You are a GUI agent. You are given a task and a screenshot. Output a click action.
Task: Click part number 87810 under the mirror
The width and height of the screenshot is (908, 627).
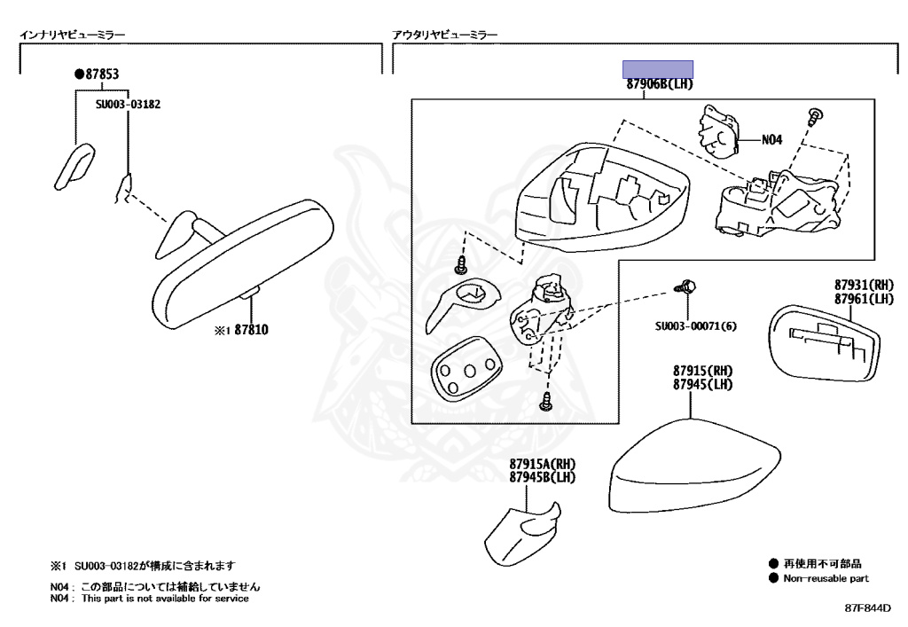pos(251,330)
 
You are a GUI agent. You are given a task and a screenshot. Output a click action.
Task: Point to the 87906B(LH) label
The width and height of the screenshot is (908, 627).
pos(658,84)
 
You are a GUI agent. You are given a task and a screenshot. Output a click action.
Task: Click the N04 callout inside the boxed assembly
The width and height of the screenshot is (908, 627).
pos(773,139)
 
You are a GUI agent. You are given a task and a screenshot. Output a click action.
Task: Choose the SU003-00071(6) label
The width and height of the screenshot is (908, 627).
pos(696,325)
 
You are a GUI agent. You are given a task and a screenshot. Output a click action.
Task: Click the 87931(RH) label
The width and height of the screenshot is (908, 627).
pos(863,286)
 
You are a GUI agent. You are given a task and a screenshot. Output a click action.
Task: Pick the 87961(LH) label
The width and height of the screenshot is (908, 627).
pos(863,299)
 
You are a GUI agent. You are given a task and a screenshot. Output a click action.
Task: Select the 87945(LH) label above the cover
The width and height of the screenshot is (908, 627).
pos(702,385)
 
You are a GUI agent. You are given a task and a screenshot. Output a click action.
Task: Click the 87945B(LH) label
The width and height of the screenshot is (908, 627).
pos(543,478)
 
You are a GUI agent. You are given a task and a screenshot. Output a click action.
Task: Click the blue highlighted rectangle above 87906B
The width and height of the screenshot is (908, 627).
pos(657,69)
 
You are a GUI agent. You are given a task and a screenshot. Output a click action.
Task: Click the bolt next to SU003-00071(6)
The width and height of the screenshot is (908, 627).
pos(686,286)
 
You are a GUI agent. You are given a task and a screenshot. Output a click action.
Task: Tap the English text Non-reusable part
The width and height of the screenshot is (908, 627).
pos(826,578)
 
